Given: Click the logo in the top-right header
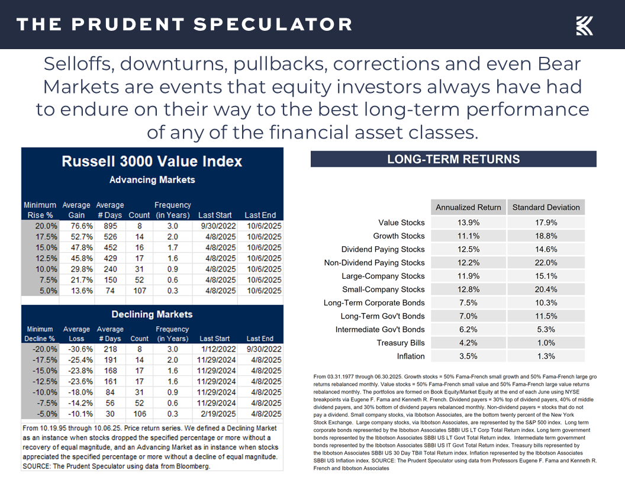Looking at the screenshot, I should coord(584,25).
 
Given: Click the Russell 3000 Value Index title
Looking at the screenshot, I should coord(152,161).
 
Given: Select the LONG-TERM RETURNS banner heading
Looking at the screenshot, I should coord(453,159).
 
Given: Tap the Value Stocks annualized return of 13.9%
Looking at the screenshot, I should coord(468,223).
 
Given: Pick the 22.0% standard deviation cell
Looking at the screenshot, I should coord(546,263).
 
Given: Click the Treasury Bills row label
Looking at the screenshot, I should coord(401,343).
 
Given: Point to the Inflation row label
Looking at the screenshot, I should coord(411,356).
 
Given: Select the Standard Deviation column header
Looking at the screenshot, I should coord(546,207).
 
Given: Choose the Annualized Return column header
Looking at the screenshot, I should coord(468,207).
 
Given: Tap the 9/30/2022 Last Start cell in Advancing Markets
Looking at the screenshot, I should coord(214,226).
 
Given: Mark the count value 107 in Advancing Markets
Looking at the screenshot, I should coord(139,291).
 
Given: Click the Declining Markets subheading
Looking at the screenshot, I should coord(152,314).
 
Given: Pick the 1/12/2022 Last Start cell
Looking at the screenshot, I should coord(214,349).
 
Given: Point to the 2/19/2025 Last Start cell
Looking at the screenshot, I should coord(214,414).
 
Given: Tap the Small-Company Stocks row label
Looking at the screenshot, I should coord(383,289).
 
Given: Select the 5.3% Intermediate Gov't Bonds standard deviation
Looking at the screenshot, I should coord(546,330).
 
